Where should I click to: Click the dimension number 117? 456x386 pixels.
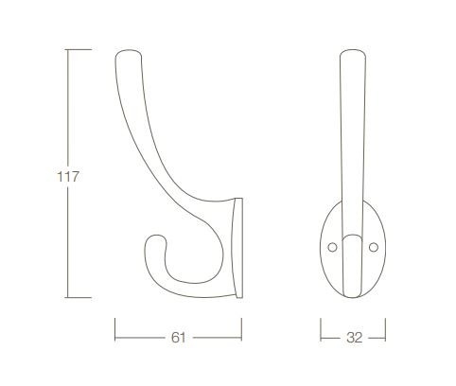(66, 175)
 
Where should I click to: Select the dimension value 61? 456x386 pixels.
(178, 336)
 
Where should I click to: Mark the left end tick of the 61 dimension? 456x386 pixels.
(114, 336)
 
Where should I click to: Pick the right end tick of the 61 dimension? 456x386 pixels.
(242, 336)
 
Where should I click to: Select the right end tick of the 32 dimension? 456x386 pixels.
(385, 336)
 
